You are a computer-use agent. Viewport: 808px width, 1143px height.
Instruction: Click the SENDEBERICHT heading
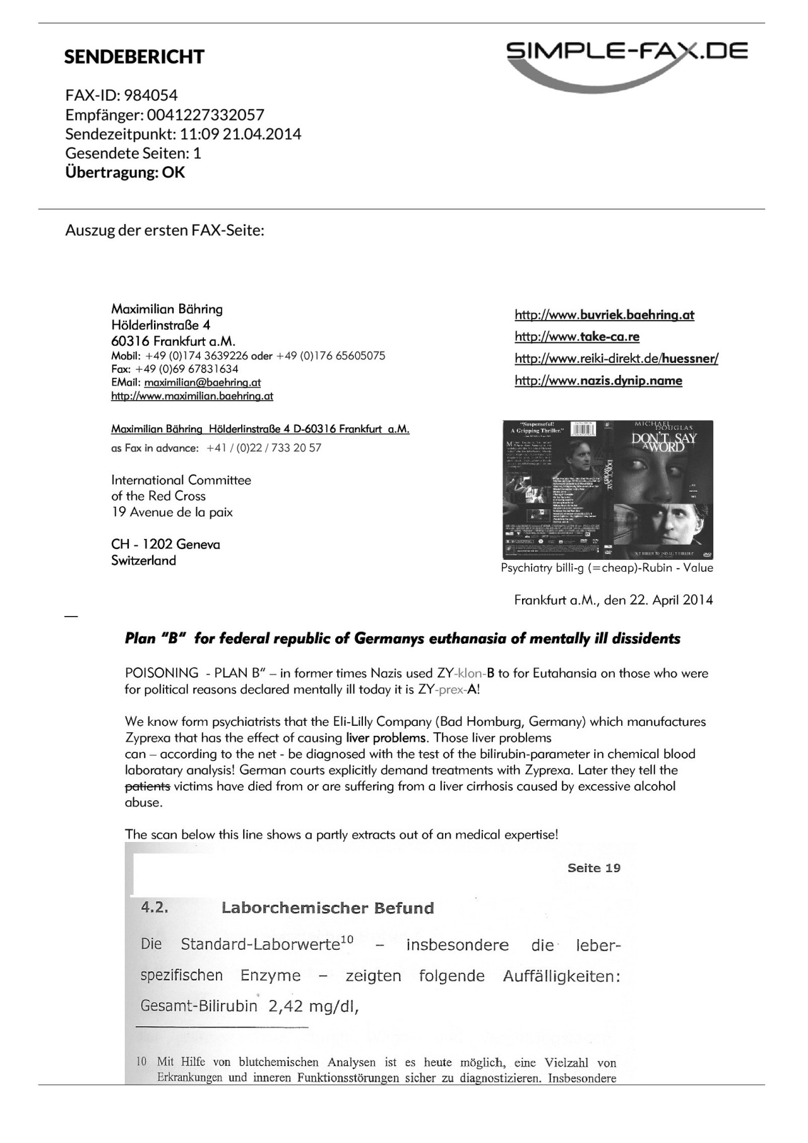[x=134, y=57]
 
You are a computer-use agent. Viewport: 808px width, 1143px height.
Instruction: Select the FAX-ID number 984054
[x=151, y=95]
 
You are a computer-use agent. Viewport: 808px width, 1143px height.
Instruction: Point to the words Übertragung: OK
[x=125, y=172]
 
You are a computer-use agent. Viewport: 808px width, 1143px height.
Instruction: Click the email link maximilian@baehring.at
[x=202, y=382]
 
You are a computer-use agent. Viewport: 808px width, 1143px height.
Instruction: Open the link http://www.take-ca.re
[x=577, y=336]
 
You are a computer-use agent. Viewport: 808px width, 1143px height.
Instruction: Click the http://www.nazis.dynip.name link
[x=598, y=380]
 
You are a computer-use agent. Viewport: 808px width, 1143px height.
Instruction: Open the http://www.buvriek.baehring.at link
[x=604, y=314]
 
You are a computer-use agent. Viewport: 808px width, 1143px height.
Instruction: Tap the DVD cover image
[x=608, y=489]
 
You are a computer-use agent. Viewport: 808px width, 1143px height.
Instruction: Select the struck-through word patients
[x=147, y=786]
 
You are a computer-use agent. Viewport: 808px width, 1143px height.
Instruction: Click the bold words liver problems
[x=386, y=738]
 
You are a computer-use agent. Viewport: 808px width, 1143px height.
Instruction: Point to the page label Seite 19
[x=593, y=868]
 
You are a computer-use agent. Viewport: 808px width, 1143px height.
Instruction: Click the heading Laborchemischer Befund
[x=328, y=908]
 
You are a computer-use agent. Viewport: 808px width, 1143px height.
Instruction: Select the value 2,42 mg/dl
[x=313, y=1007]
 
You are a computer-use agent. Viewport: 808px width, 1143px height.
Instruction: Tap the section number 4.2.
[x=155, y=908]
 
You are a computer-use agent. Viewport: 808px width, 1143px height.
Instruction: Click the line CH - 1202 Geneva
[x=165, y=544]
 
